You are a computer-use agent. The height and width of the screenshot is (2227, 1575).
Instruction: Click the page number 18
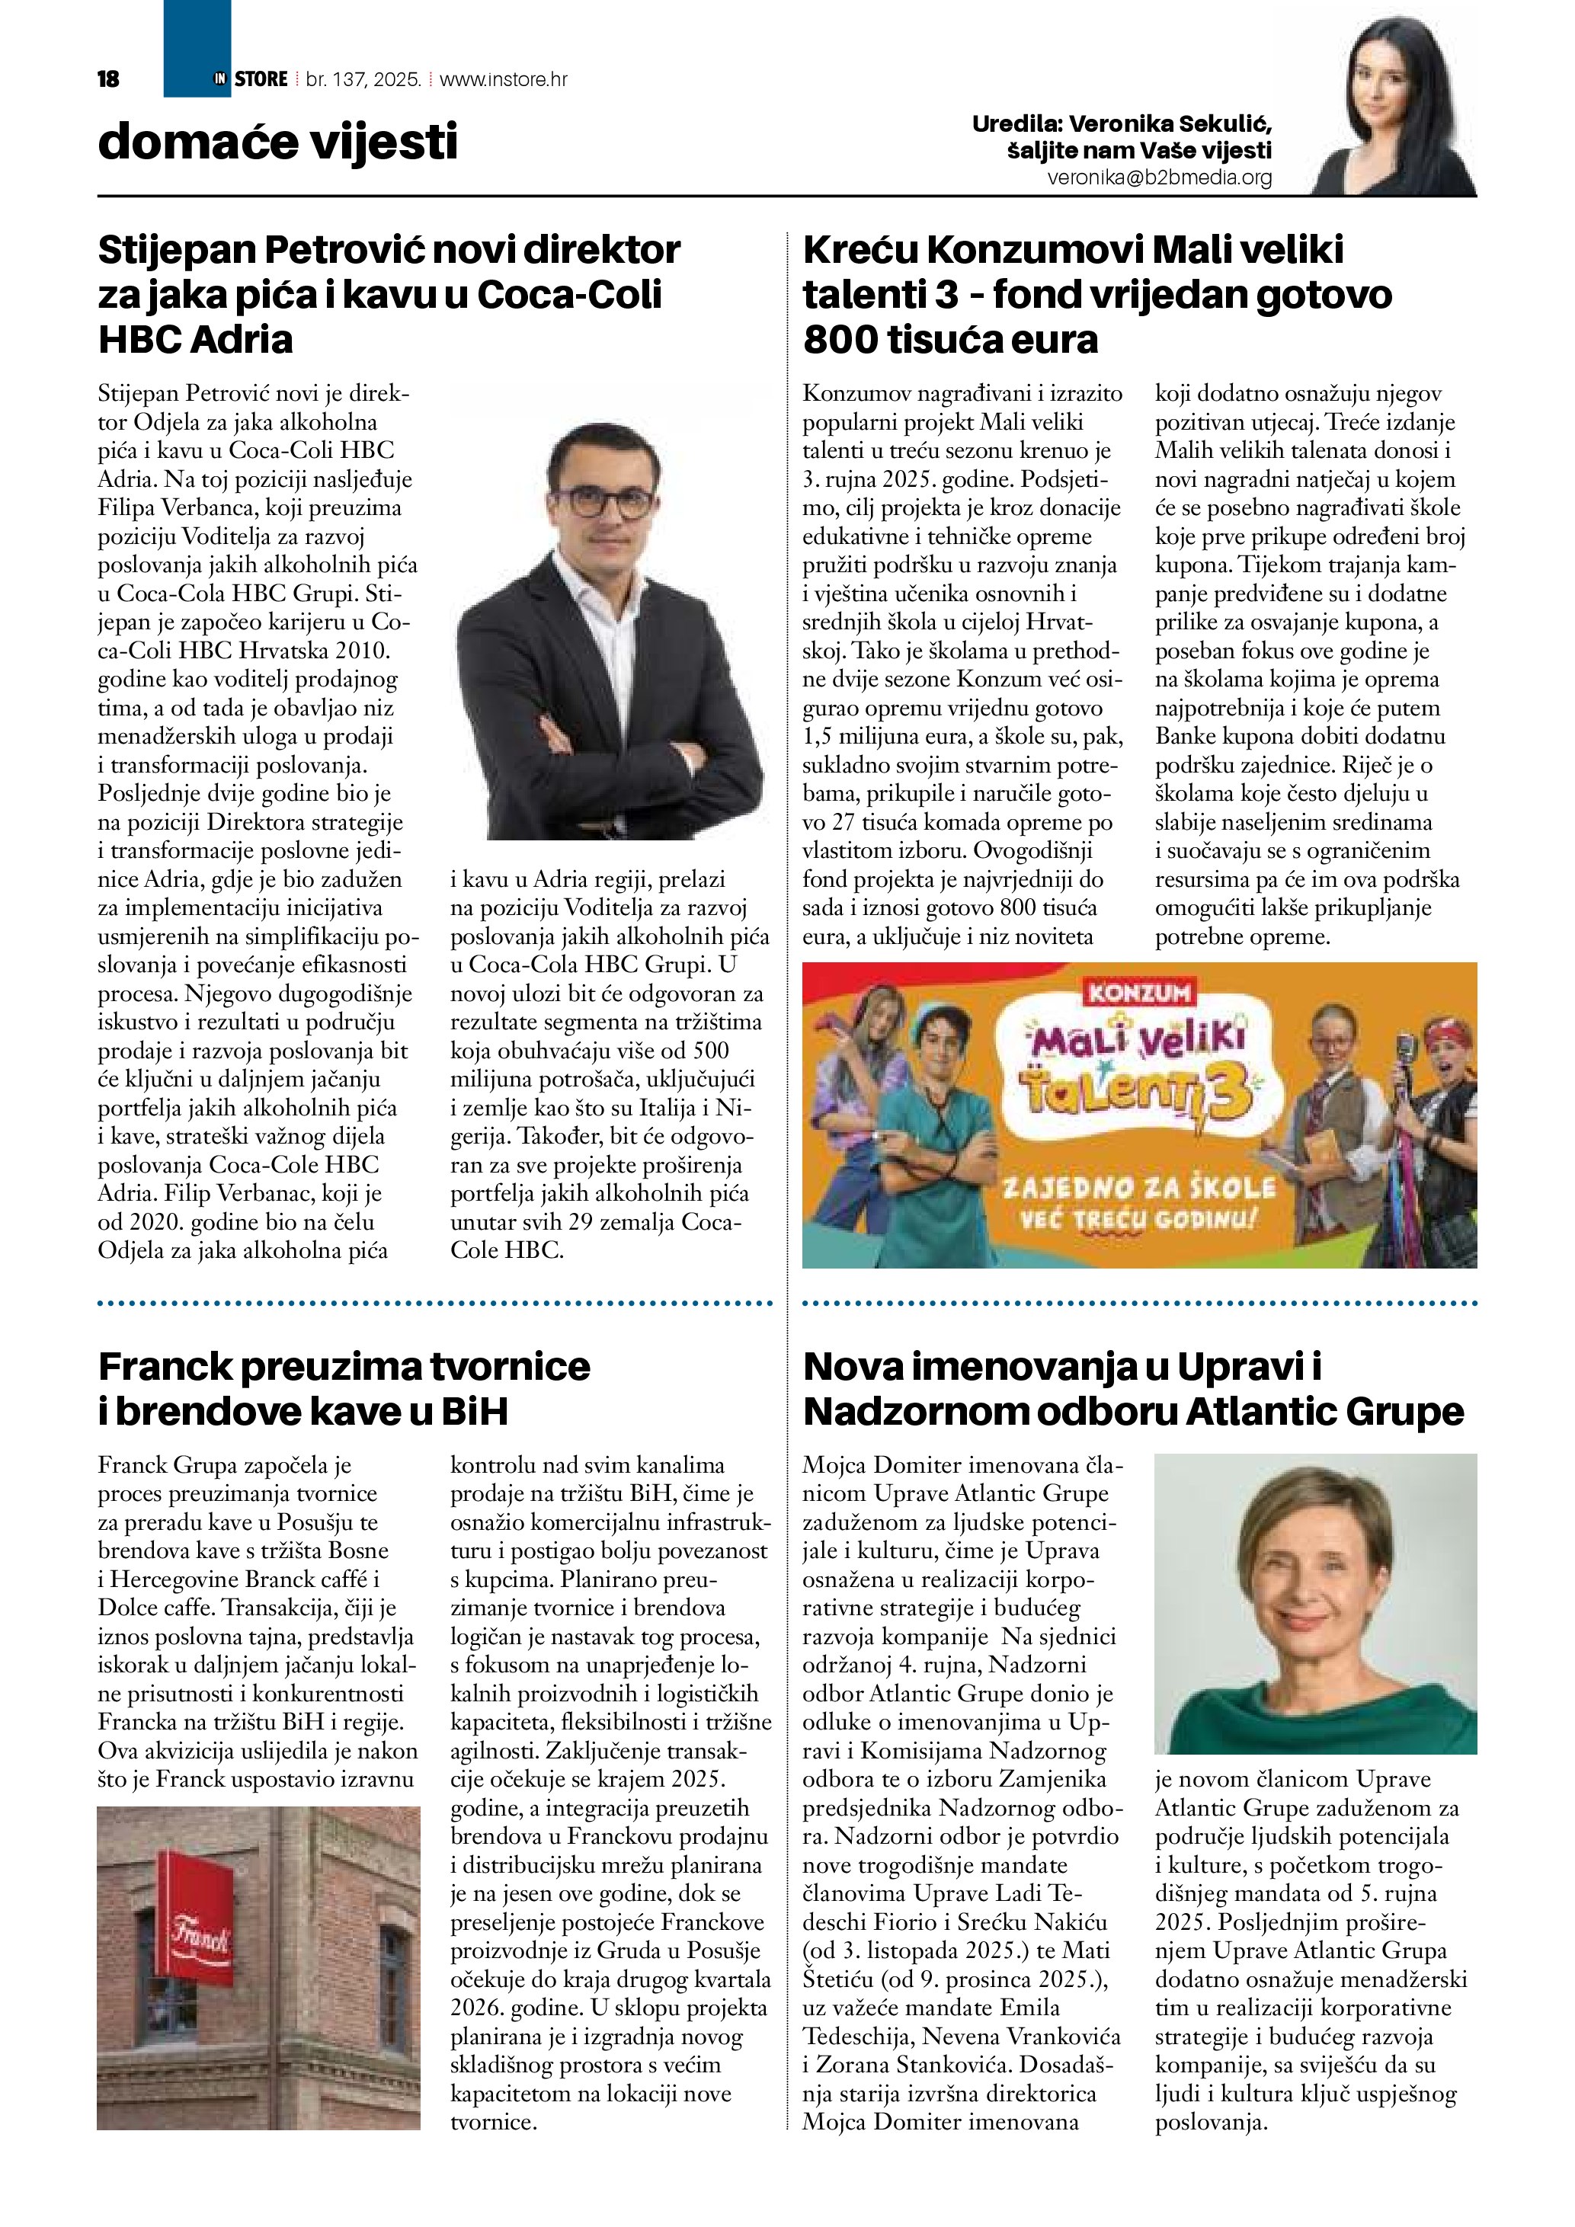tap(109, 79)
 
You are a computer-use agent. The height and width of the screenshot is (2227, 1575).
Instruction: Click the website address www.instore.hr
tap(504, 79)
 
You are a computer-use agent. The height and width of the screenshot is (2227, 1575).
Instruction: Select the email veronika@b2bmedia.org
tap(1159, 178)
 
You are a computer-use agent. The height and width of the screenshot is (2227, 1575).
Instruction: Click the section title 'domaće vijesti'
tap(277, 142)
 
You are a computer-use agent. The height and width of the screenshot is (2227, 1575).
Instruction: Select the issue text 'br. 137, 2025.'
tap(363, 79)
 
